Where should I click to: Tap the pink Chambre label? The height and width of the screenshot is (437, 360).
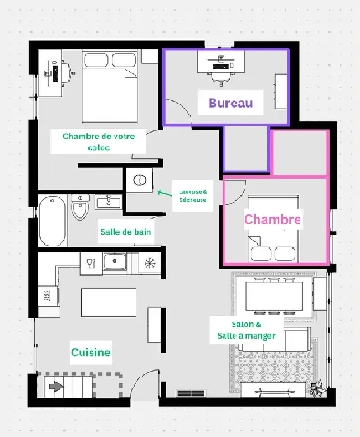[x=272, y=220]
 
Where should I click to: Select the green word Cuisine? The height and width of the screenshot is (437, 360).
[x=92, y=352]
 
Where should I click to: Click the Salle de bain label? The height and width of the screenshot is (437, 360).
[x=125, y=233]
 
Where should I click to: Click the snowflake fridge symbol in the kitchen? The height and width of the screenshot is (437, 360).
[x=149, y=264]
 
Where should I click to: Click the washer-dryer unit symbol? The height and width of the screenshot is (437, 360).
[x=141, y=181]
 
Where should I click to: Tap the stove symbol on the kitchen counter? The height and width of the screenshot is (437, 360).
[x=90, y=264]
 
